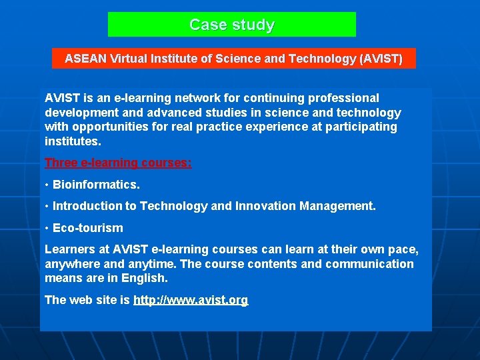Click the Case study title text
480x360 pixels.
[231, 25]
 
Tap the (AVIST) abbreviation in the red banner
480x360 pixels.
[381, 59]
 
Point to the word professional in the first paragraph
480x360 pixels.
[346, 98]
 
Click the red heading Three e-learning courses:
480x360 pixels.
[118, 163]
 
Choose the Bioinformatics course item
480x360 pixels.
[96, 185]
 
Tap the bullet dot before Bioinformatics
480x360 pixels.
[47, 185]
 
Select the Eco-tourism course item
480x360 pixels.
[88, 228]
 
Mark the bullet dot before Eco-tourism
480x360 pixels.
[47, 228]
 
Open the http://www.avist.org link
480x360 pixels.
[191, 300]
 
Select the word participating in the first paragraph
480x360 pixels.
[361, 127]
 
